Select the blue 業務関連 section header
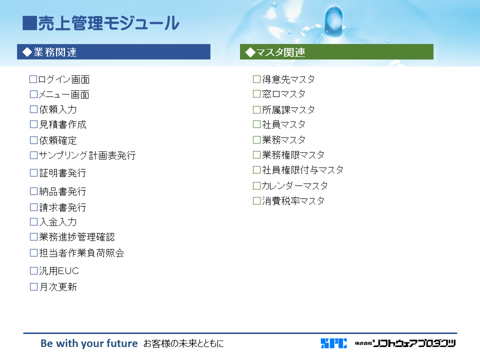[113, 51]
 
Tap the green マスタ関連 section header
[336, 51]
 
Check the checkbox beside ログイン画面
[33, 79]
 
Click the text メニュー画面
[64, 94]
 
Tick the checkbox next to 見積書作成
[33, 124]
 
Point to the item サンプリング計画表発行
[87, 155]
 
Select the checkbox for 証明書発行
[33, 173]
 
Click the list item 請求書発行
[63, 207]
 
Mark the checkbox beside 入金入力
[33, 221]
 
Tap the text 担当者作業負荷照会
[81, 253]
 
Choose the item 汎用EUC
[59, 271]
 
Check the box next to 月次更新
[33, 287]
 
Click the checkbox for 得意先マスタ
[257, 79]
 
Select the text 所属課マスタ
[288, 109]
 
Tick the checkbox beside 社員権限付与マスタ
[257, 169]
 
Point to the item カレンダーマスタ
[295, 185]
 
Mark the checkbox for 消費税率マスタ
[257, 201]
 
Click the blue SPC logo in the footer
[334, 343]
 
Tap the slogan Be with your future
[89, 343]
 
